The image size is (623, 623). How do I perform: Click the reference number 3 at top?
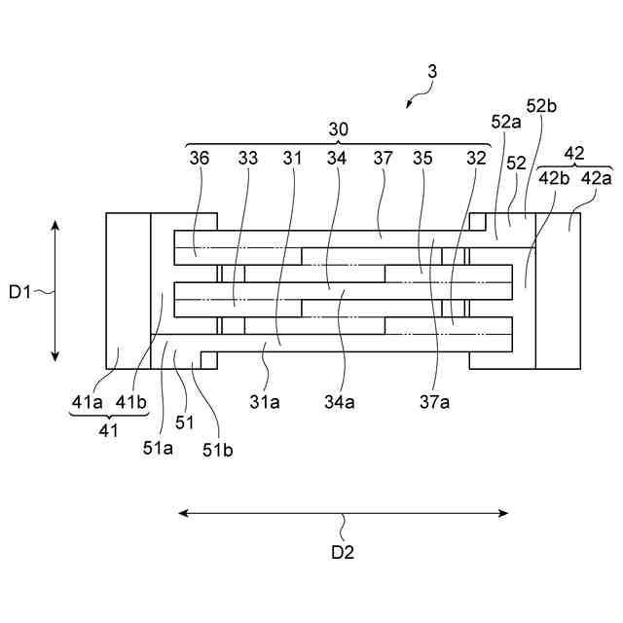pyautogui.click(x=432, y=71)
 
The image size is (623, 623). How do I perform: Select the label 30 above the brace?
pyautogui.click(x=339, y=128)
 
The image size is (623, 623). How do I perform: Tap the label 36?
pyautogui.click(x=200, y=157)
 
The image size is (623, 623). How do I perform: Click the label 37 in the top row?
pyautogui.click(x=382, y=157)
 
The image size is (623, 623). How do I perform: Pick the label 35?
pyautogui.click(x=422, y=157)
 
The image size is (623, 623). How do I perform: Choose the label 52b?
pyautogui.click(x=541, y=106)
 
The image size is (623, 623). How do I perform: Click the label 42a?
pyautogui.click(x=597, y=178)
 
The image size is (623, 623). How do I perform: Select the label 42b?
pyautogui.click(x=554, y=178)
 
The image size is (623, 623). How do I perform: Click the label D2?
pyautogui.click(x=343, y=552)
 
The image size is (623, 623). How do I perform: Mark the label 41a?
pyautogui.click(x=84, y=400)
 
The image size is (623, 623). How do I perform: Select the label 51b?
pyautogui.click(x=218, y=449)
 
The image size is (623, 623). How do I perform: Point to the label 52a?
pyautogui.click(x=506, y=122)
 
